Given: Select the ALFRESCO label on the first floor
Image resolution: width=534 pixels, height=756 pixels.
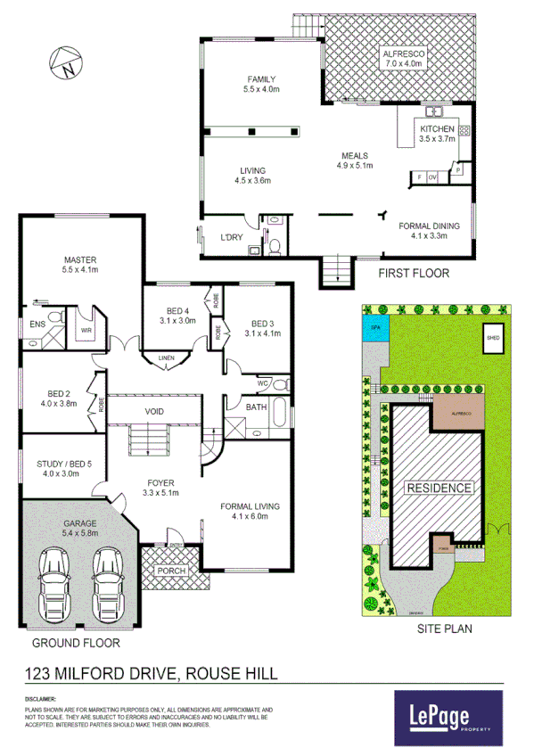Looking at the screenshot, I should click(x=404, y=53).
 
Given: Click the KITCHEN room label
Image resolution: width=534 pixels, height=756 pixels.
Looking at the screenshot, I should click(x=438, y=129).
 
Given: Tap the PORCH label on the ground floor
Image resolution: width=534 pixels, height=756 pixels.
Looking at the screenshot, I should click(x=171, y=571).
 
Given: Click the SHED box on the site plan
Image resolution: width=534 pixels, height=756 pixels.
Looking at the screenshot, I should click(x=492, y=339).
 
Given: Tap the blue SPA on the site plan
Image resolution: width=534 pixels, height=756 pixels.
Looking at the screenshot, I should click(x=374, y=328).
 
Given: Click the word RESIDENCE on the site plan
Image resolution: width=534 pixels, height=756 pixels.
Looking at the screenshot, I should click(x=438, y=488).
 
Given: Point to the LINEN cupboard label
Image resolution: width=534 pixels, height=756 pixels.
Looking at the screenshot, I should click(x=166, y=358).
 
